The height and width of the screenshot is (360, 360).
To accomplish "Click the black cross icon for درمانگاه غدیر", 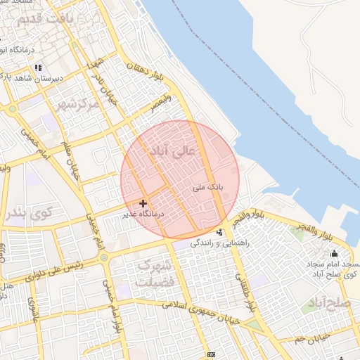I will (x=143, y=203).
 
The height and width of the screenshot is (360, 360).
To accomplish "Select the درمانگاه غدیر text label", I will (x=143, y=213).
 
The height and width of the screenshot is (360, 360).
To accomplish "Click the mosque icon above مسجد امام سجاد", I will (x=334, y=254).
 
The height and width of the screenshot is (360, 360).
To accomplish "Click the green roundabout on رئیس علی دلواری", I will (x=105, y=258).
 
